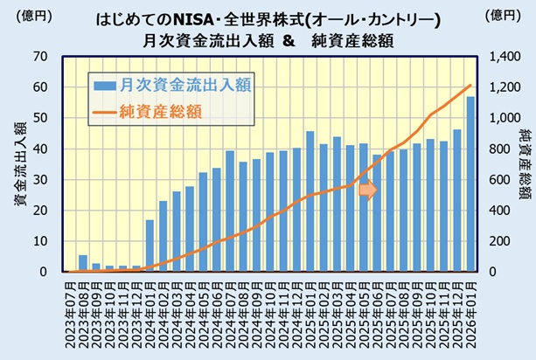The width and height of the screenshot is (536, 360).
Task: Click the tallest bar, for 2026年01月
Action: pos(470,183)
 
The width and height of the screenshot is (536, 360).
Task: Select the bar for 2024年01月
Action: pos(150,246)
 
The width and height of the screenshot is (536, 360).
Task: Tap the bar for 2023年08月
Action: pos(82,264)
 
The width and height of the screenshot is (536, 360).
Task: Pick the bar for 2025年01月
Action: pos(310,202)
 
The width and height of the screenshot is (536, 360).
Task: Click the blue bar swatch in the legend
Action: pos(105,85)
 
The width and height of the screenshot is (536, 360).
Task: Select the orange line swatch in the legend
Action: pos(105,111)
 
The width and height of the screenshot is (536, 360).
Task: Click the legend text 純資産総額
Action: pos(162,111)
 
